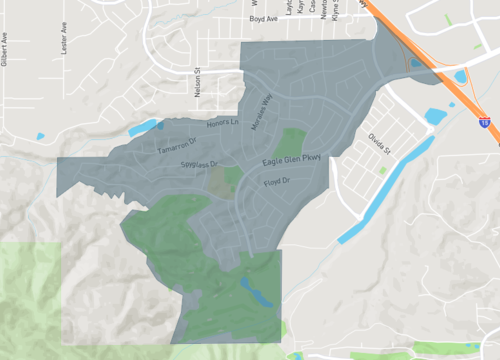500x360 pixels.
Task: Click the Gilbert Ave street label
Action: (5, 49)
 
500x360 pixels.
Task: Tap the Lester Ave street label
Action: (63, 45)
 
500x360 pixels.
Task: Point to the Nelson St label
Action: (198, 82)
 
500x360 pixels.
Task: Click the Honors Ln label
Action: (223, 124)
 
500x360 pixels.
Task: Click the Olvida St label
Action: (376, 144)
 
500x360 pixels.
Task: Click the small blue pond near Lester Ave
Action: (40, 136)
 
